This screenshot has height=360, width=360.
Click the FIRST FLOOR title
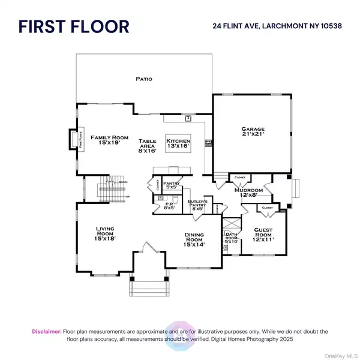[x=73, y=27]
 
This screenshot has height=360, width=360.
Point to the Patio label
[x=143, y=79]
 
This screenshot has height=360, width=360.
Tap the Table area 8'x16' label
[x=148, y=143]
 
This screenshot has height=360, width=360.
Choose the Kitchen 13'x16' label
[x=178, y=143]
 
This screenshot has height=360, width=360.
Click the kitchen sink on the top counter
[x=187, y=118]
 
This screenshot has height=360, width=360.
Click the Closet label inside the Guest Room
[x=267, y=208]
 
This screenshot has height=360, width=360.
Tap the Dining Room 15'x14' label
[x=194, y=241]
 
